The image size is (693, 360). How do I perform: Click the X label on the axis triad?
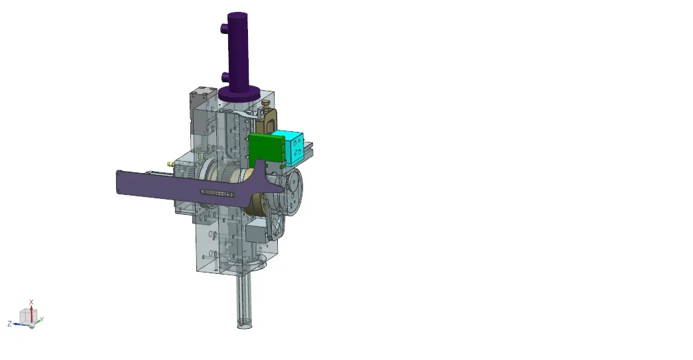[x=31, y=302]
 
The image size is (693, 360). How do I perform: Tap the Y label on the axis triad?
[x=42, y=319]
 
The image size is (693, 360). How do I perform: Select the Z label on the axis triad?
[x=9, y=324]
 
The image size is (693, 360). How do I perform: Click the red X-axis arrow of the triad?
[x=31, y=313]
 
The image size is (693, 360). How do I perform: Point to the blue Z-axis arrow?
[x=21, y=324]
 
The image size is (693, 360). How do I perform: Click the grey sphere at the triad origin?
[x=32, y=326]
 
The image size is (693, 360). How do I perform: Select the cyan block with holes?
[x=288, y=148]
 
